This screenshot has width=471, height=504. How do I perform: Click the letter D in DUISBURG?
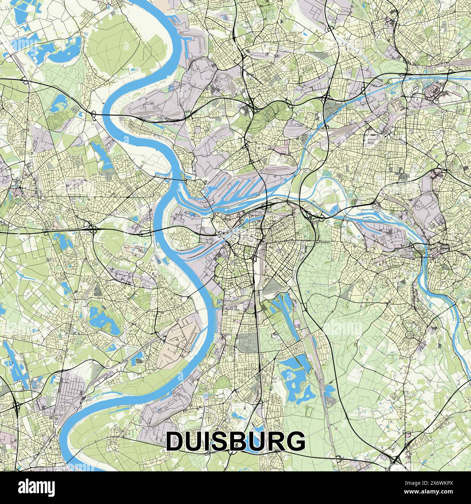coord(176,441)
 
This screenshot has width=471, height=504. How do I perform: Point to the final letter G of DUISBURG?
coord(295,441)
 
